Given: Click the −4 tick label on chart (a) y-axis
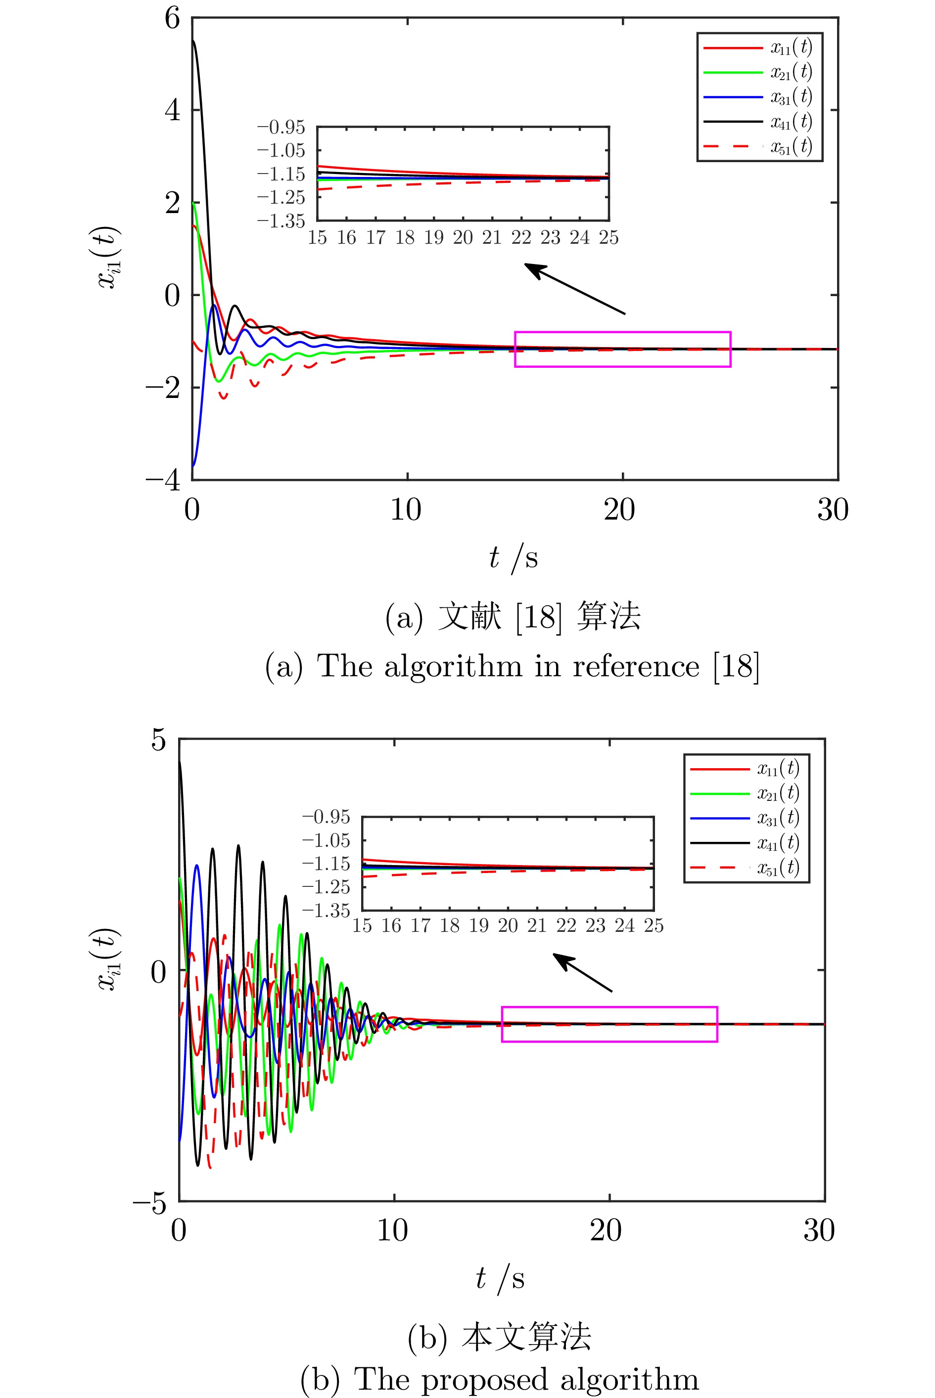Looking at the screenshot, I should tap(163, 480).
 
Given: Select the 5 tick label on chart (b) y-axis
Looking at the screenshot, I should tap(158, 740).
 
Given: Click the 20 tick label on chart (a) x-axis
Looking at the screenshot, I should tap(619, 510).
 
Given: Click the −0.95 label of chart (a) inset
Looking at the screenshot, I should tap(281, 127).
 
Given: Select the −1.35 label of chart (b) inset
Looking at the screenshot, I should tap(326, 911).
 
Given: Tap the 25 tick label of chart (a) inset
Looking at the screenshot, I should tap(609, 238).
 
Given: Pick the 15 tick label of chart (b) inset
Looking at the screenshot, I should tap(362, 925).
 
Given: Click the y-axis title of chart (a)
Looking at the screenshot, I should tap(110, 258).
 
